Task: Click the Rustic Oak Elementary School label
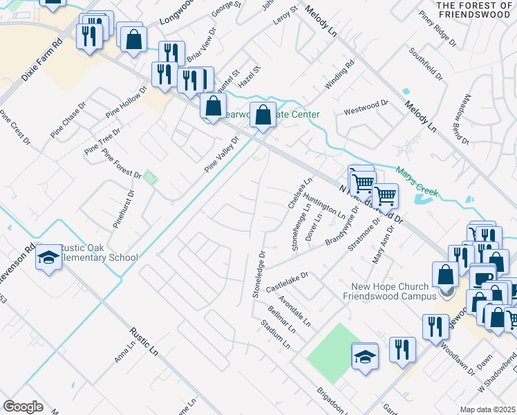point(98,253)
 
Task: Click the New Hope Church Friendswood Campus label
point(391,291)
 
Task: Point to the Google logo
point(23,406)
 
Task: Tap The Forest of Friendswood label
point(474,10)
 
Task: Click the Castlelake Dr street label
point(286,280)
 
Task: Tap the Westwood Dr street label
point(366,107)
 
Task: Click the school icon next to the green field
point(365,357)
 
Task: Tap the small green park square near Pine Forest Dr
point(151,177)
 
